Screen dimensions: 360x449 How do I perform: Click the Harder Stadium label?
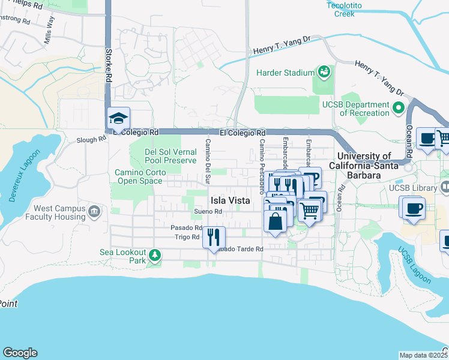[x=285, y=73]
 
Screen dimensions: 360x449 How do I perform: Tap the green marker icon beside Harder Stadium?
[x=324, y=72]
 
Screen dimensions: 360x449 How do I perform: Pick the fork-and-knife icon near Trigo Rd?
[x=214, y=238]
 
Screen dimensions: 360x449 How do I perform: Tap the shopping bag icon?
[x=275, y=221]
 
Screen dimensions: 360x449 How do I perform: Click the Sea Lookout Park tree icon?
[x=155, y=256]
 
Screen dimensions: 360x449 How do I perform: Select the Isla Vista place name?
[x=229, y=201]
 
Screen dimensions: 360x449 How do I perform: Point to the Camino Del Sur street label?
[x=208, y=161]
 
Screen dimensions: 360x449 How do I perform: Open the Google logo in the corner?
[x=20, y=353]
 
